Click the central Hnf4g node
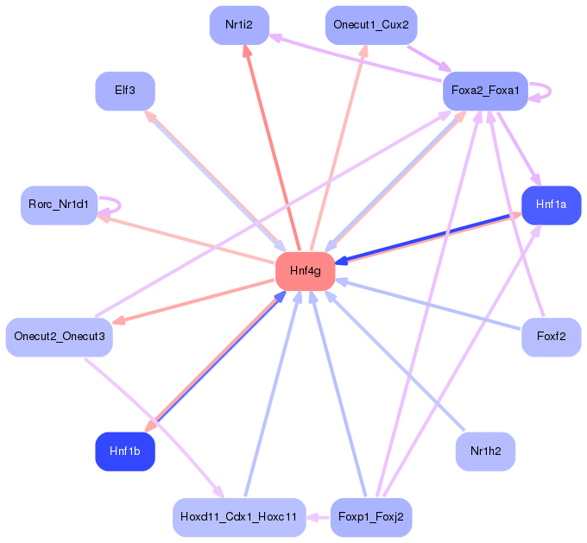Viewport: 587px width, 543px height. (x=305, y=271)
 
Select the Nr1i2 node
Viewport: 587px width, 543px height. (x=239, y=25)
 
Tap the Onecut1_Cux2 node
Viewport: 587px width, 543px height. (x=371, y=25)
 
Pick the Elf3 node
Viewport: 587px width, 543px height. (x=125, y=91)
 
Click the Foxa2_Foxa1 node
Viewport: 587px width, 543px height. (x=485, y=91)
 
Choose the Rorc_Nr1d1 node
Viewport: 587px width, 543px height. (x=60, y=205)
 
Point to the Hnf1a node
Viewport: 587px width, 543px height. (x=551, y=205)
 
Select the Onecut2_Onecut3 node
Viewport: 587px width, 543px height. (x=60, y=337)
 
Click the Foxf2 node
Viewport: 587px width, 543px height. (x=551, y=337)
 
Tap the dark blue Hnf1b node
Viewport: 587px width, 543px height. (x=125, y=451)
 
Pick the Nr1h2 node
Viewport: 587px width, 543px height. (x=485, y=451)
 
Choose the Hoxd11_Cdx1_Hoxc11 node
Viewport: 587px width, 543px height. (x=239, y=517)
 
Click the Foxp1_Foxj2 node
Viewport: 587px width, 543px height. (x=371, y=517)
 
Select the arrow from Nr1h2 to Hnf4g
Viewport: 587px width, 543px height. (x=394, y=361)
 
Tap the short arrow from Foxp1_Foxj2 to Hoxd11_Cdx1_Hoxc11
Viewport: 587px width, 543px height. (x=319, y=518)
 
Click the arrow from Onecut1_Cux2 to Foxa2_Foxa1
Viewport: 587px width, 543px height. (x=429, y=58)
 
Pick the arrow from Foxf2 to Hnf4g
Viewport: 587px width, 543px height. (x=429, y=305)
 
